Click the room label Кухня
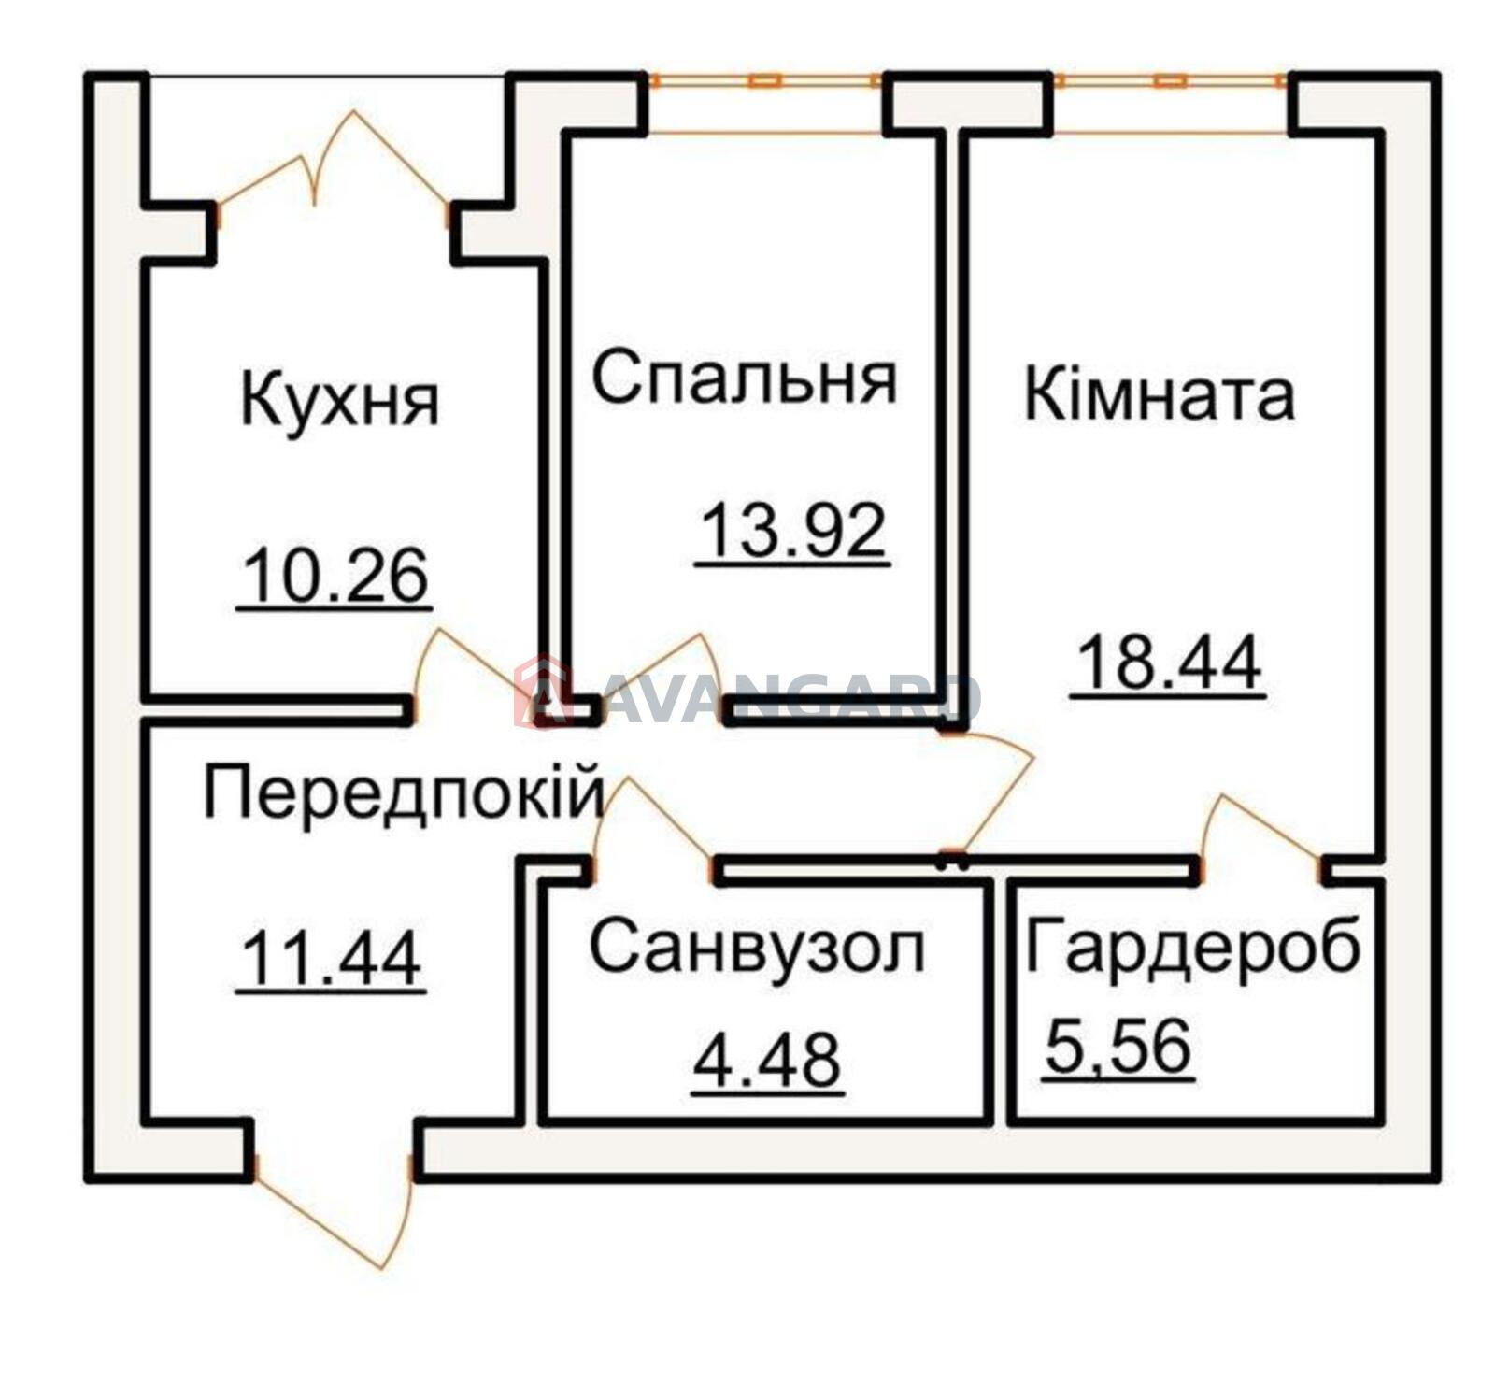click(340, 399)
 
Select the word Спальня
click(745, 378)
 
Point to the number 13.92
click(792, 530)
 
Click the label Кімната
click(1160, 394)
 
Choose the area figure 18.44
click(1169, 661)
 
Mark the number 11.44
click(332, 960)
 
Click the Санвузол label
click(757, 947)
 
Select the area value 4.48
click(767, 1060)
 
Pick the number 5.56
click(1118, 1046)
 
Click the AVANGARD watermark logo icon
click(543, 692)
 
